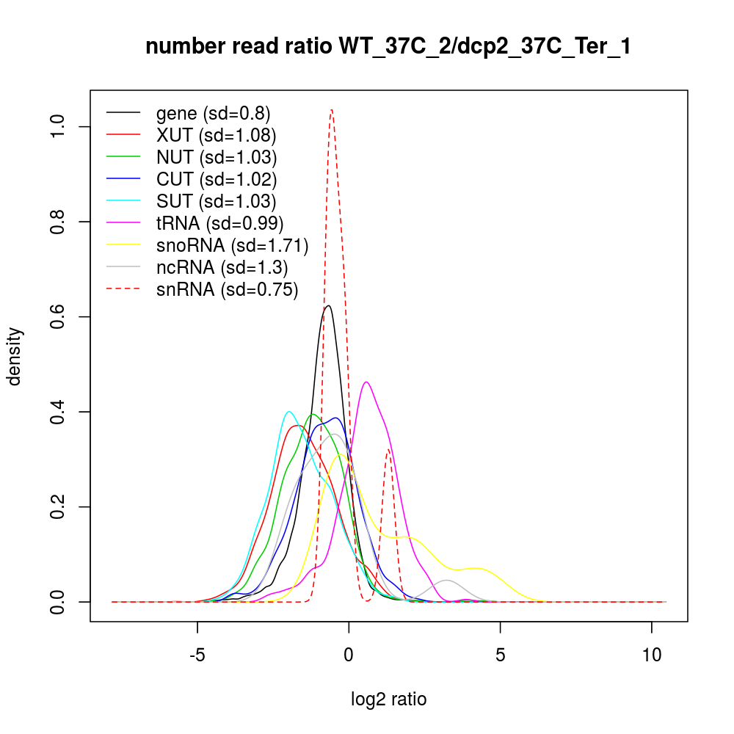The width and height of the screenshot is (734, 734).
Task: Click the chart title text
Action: pyautogui.click(x=388, y=47)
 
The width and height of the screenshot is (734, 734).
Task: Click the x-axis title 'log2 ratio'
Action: pyautogui.click(x=389, y=700)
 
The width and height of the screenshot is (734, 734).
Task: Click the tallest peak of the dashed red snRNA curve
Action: pyautogui.click(x=333, y=110)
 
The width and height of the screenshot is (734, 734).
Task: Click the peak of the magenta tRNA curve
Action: pyautogui.click(x=366, y=382)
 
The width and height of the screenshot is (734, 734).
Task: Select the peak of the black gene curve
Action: pyautogui.click(x=328, y=305)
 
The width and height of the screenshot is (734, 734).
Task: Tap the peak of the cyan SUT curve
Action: pyautogui.click(x=289, y=412)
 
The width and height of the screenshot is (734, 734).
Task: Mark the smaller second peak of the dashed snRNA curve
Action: pyautogui.click(x=389, y=450)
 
